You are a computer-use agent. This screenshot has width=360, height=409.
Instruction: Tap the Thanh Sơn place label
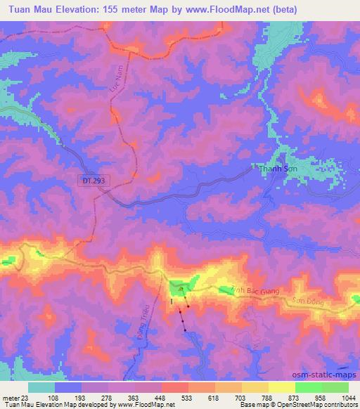276,169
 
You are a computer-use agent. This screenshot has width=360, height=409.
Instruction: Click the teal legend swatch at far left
41,387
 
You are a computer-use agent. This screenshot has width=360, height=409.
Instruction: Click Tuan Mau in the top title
29,9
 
